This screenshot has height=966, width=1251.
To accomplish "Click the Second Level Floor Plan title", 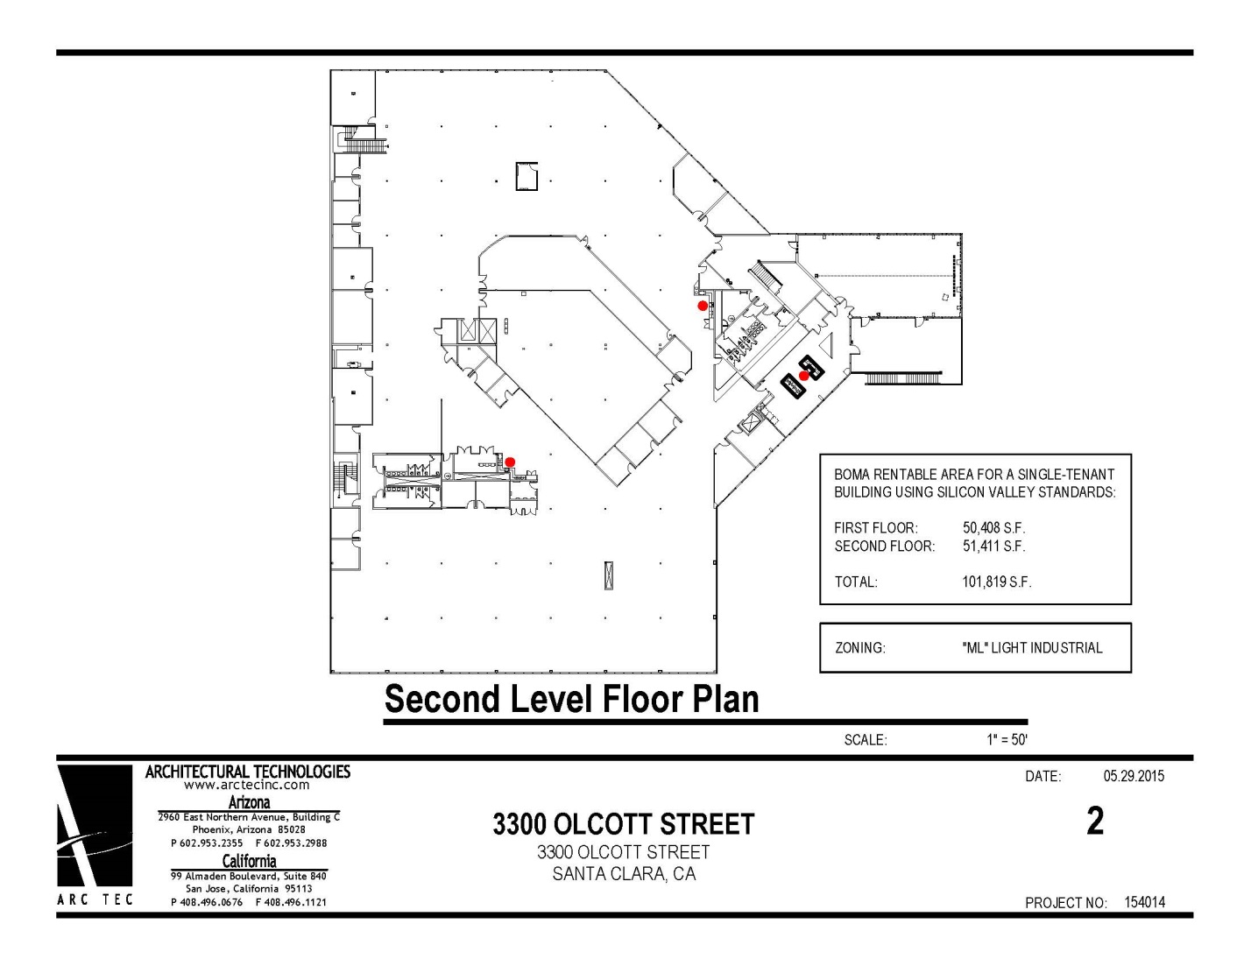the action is [571, 699].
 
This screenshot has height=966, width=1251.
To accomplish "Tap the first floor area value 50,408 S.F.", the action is [993, 528].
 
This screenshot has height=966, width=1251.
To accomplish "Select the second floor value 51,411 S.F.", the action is [993, 546].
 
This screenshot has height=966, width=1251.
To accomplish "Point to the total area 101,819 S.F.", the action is [996, 582].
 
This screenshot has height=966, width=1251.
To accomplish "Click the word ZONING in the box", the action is [859, 648].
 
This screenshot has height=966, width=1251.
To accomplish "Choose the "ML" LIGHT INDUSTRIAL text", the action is [1032, 648].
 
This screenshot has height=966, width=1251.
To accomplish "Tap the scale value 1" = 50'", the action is [1007, 740].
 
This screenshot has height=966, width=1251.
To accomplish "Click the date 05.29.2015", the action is [1134, 776].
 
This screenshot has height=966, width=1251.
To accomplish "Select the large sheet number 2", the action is [1095, 821].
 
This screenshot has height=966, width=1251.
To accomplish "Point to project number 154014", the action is [1145, 902].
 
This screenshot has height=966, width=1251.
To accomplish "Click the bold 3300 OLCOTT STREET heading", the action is [623, 824].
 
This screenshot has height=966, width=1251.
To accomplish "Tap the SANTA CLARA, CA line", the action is [624, 874].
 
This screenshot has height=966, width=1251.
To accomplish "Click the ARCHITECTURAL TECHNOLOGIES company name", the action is [248, 772].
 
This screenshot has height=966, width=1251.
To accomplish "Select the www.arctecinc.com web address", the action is [247, 785].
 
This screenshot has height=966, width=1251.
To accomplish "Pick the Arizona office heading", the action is [249, 802].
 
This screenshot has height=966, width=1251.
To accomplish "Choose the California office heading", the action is [249, 861].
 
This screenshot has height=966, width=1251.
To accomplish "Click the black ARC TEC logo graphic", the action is [95, 826].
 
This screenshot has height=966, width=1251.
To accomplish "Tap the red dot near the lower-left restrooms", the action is [510, 462].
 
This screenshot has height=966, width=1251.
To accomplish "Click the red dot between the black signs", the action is [804, 376].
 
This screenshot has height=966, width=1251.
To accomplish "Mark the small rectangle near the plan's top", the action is [527, 176].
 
